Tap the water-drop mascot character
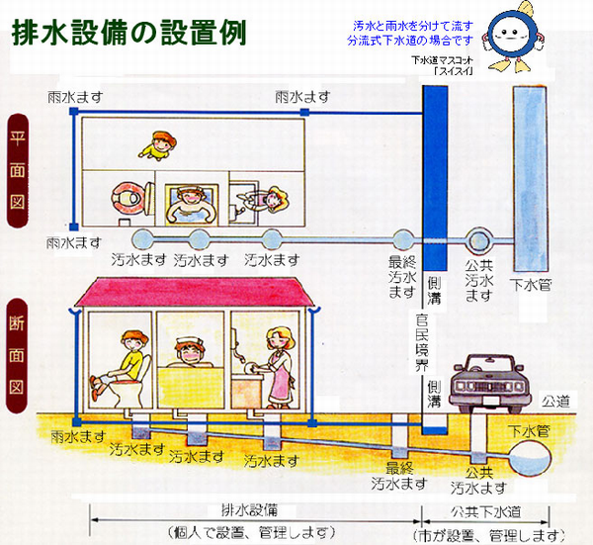tap(513, 40)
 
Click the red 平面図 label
tap(17, 184)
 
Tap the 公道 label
tap(557, 403)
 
